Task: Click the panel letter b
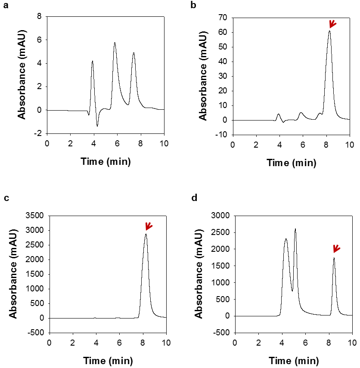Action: point(193,6)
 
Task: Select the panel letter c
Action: point(6,198)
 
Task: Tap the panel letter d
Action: point(193,198)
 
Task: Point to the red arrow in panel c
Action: point(149,226)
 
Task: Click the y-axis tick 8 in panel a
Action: point(40,17)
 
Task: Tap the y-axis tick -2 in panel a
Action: point(38,133)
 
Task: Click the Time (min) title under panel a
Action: point(105,162)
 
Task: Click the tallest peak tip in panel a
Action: point(115,43)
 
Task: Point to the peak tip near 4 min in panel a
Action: point(92,61)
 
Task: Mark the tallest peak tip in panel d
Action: point(295,229)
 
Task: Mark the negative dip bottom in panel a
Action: point(97,126)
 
